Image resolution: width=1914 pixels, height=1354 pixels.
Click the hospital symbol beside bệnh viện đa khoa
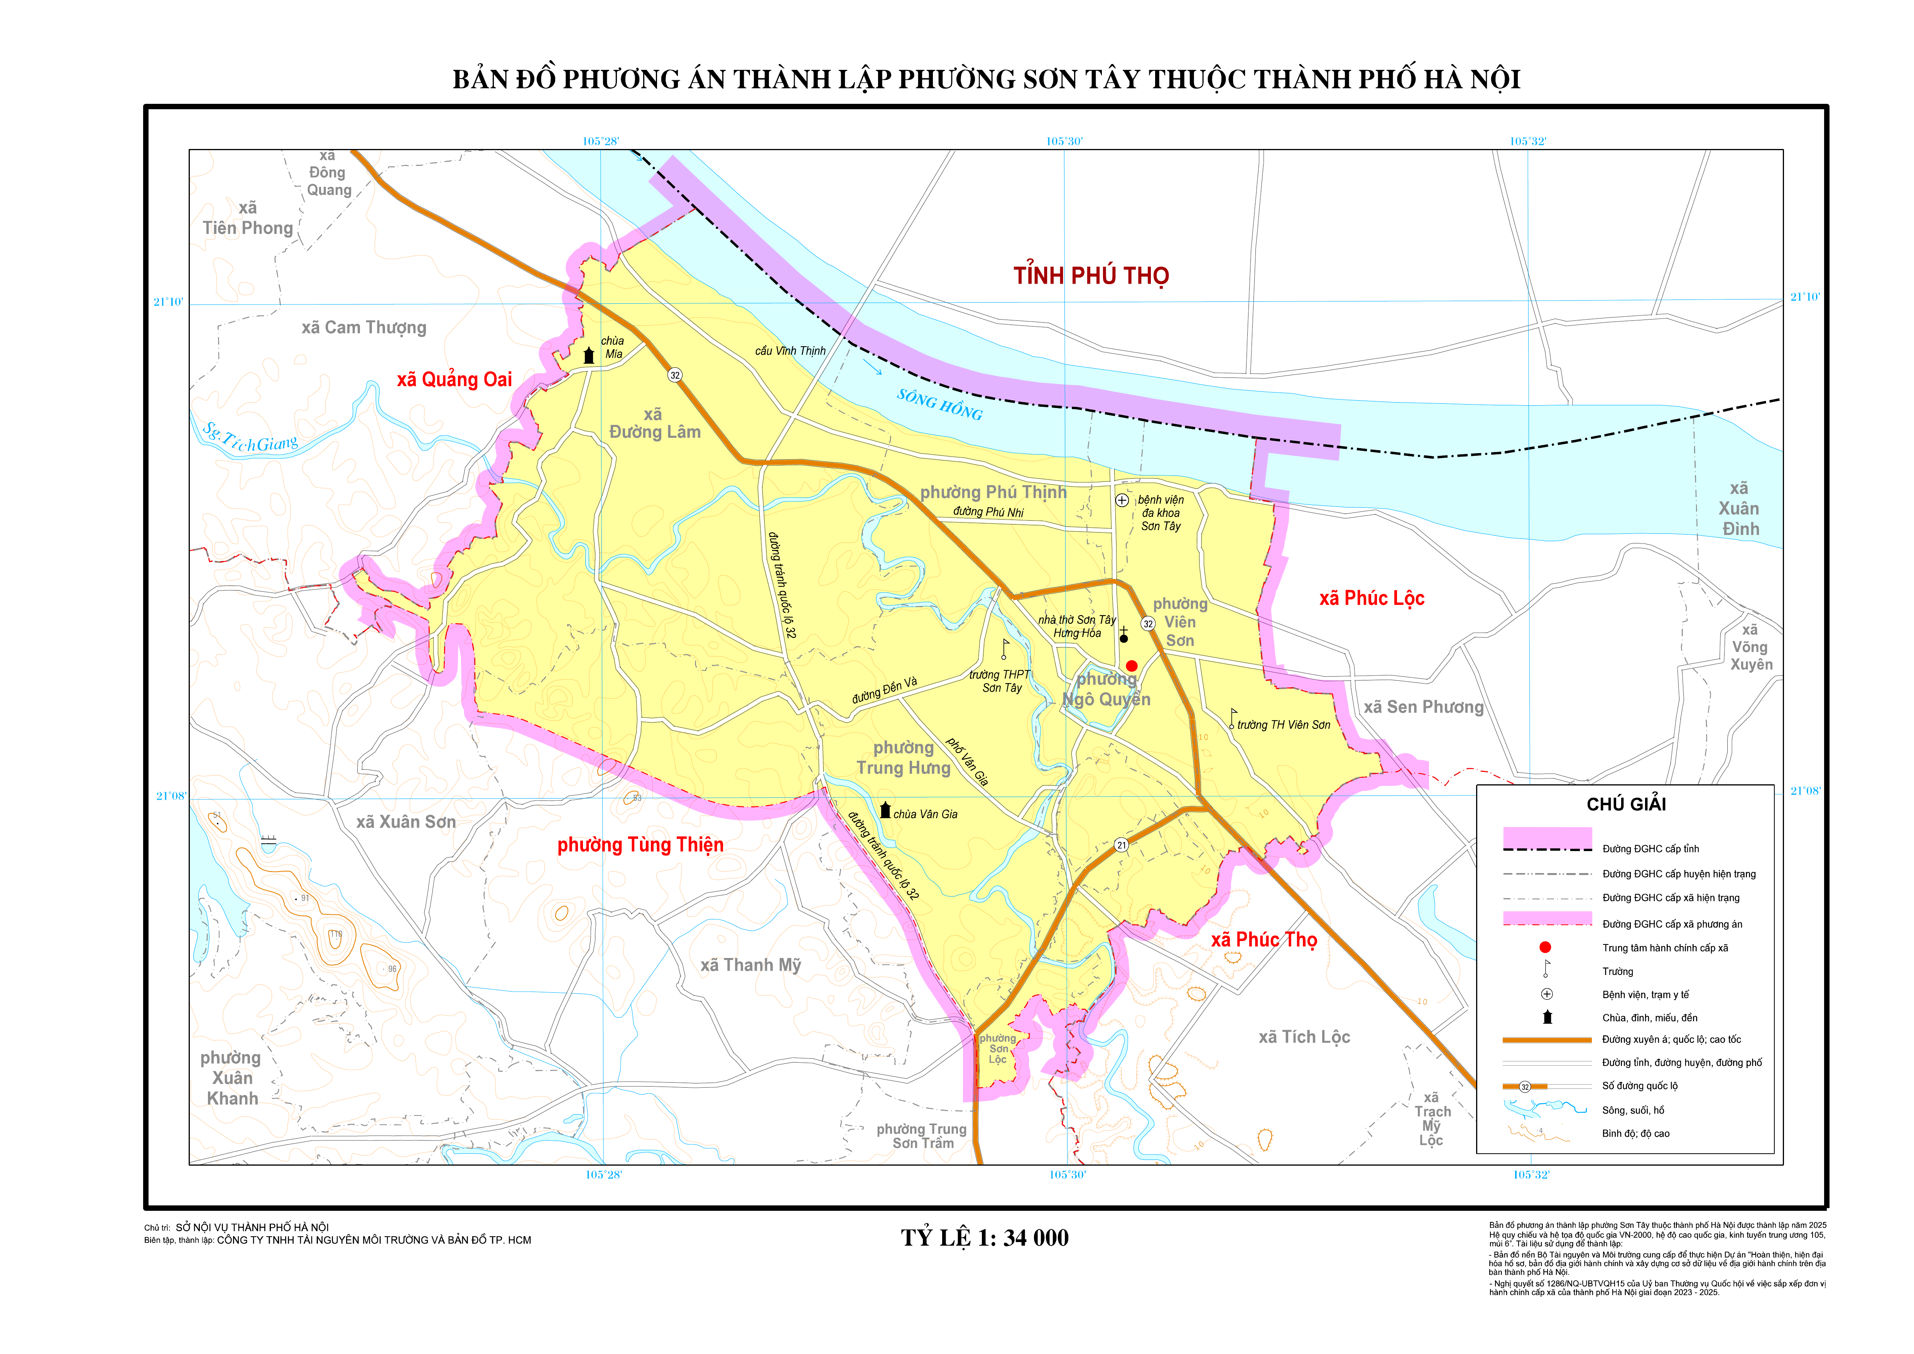tap(1122, 500)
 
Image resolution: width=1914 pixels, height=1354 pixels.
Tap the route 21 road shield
tap(1121, 845)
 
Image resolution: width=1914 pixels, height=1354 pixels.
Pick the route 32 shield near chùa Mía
tap(675, 375)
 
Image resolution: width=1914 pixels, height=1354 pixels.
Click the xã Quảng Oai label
tap(454, 380)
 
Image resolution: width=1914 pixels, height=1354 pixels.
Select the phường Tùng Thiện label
tap(640, 845)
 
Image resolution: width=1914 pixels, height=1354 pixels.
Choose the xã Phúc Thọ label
tap(1264, 939)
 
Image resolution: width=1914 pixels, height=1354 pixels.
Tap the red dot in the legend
tap(1545, 947)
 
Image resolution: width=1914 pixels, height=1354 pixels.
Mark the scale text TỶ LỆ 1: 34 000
tap(985, 1238)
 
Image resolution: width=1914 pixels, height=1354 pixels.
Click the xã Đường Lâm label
tap(654, 423)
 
